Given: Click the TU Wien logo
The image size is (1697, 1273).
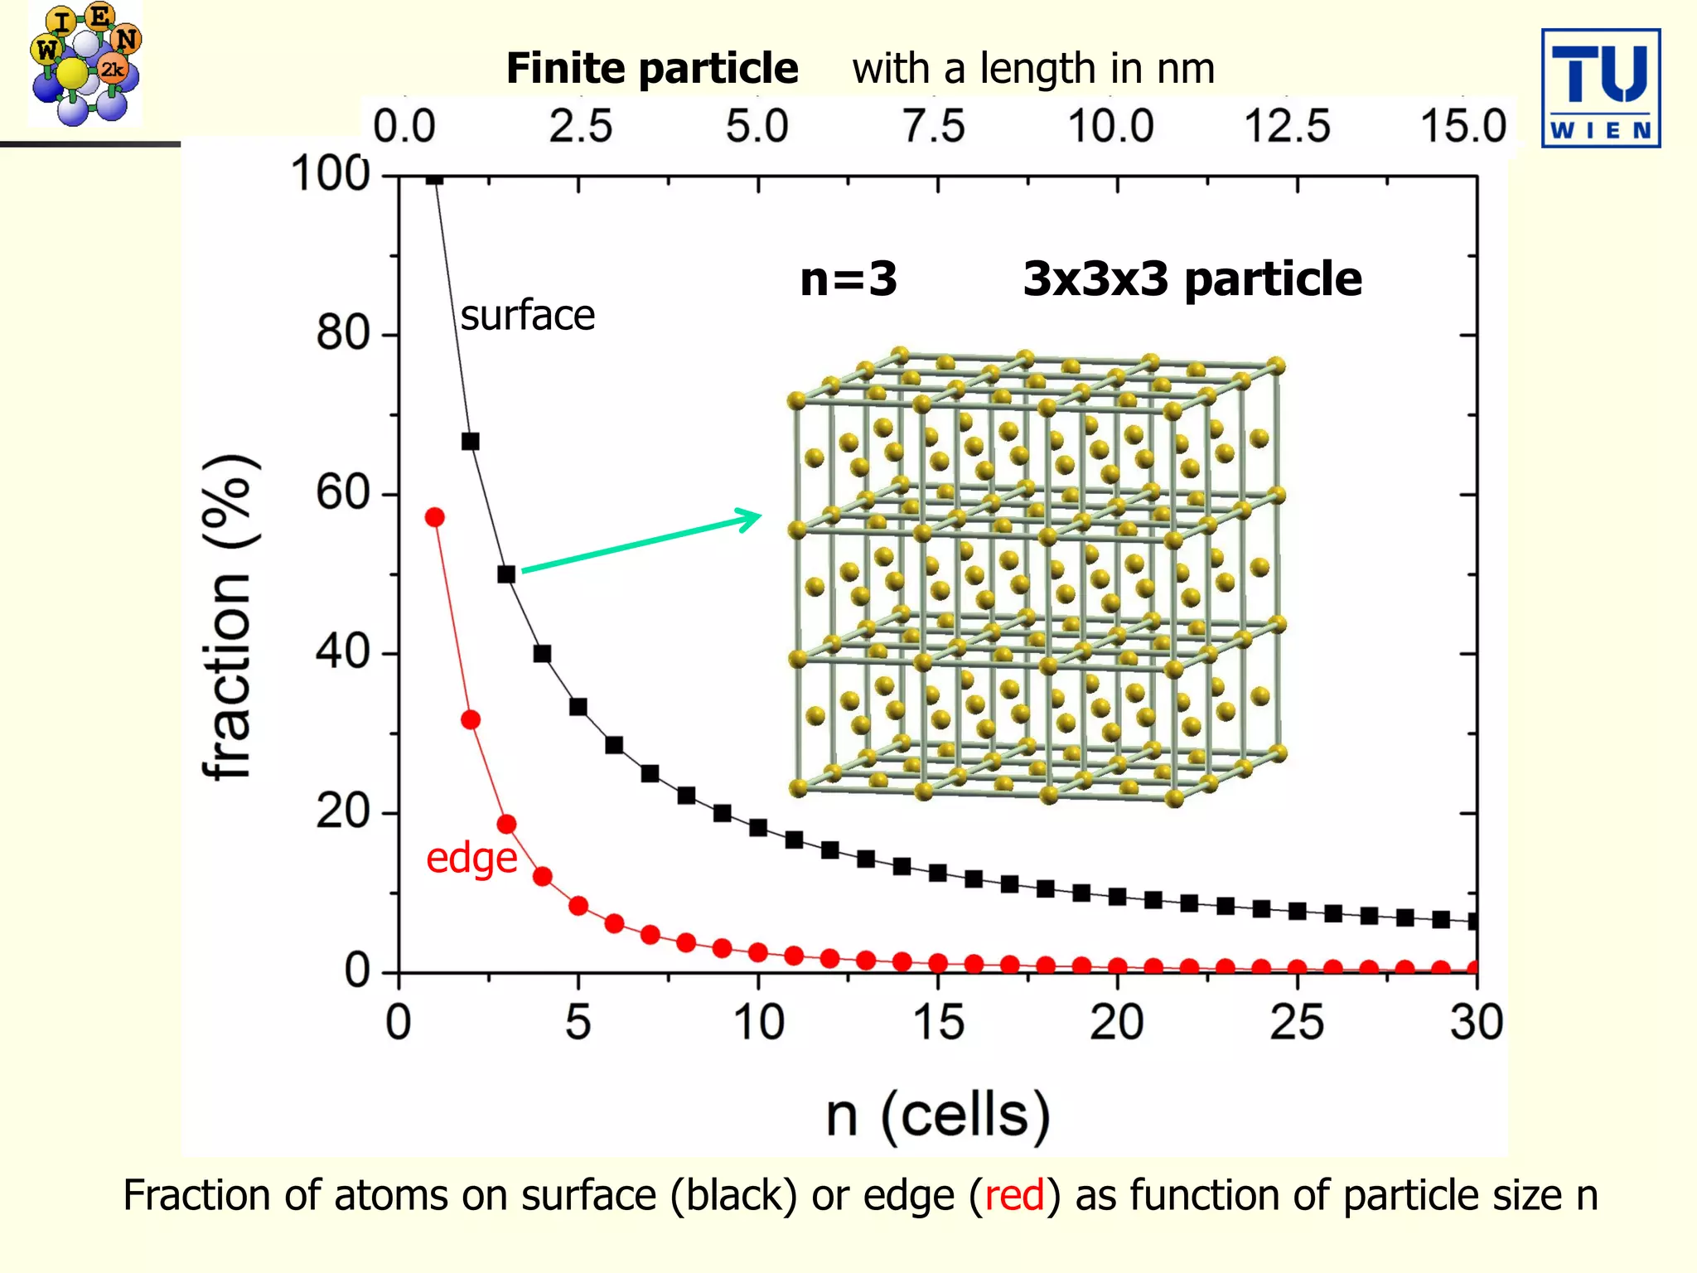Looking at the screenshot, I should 1600,88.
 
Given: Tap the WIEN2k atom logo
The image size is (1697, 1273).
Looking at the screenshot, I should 85,65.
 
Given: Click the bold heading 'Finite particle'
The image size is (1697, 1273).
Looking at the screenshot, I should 652,68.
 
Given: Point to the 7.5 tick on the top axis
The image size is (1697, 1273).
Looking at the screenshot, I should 934,127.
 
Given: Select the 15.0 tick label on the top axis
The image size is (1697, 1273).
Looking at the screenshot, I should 1463,127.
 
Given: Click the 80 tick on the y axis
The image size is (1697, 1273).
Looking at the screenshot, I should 342,334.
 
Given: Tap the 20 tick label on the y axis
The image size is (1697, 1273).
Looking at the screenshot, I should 342,812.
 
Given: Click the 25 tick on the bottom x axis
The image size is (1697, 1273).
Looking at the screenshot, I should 1297,1022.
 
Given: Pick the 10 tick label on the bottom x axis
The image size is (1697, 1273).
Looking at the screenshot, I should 758,1022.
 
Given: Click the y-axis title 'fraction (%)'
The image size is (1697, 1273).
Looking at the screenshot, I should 228,617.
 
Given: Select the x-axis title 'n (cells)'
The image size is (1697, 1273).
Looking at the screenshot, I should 937,1116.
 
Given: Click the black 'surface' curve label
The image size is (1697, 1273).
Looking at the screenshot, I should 528,316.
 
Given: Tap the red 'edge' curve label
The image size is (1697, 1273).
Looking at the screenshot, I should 471,858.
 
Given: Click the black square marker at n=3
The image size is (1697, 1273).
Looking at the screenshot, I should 506,574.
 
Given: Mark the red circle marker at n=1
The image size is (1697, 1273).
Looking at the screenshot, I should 434,517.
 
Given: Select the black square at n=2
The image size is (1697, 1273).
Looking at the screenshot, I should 470,442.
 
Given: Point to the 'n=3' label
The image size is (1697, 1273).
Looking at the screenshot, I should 848,279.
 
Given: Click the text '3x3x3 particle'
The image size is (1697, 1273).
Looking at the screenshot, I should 1192,279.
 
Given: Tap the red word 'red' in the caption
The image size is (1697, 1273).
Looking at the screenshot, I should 1013,1196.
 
